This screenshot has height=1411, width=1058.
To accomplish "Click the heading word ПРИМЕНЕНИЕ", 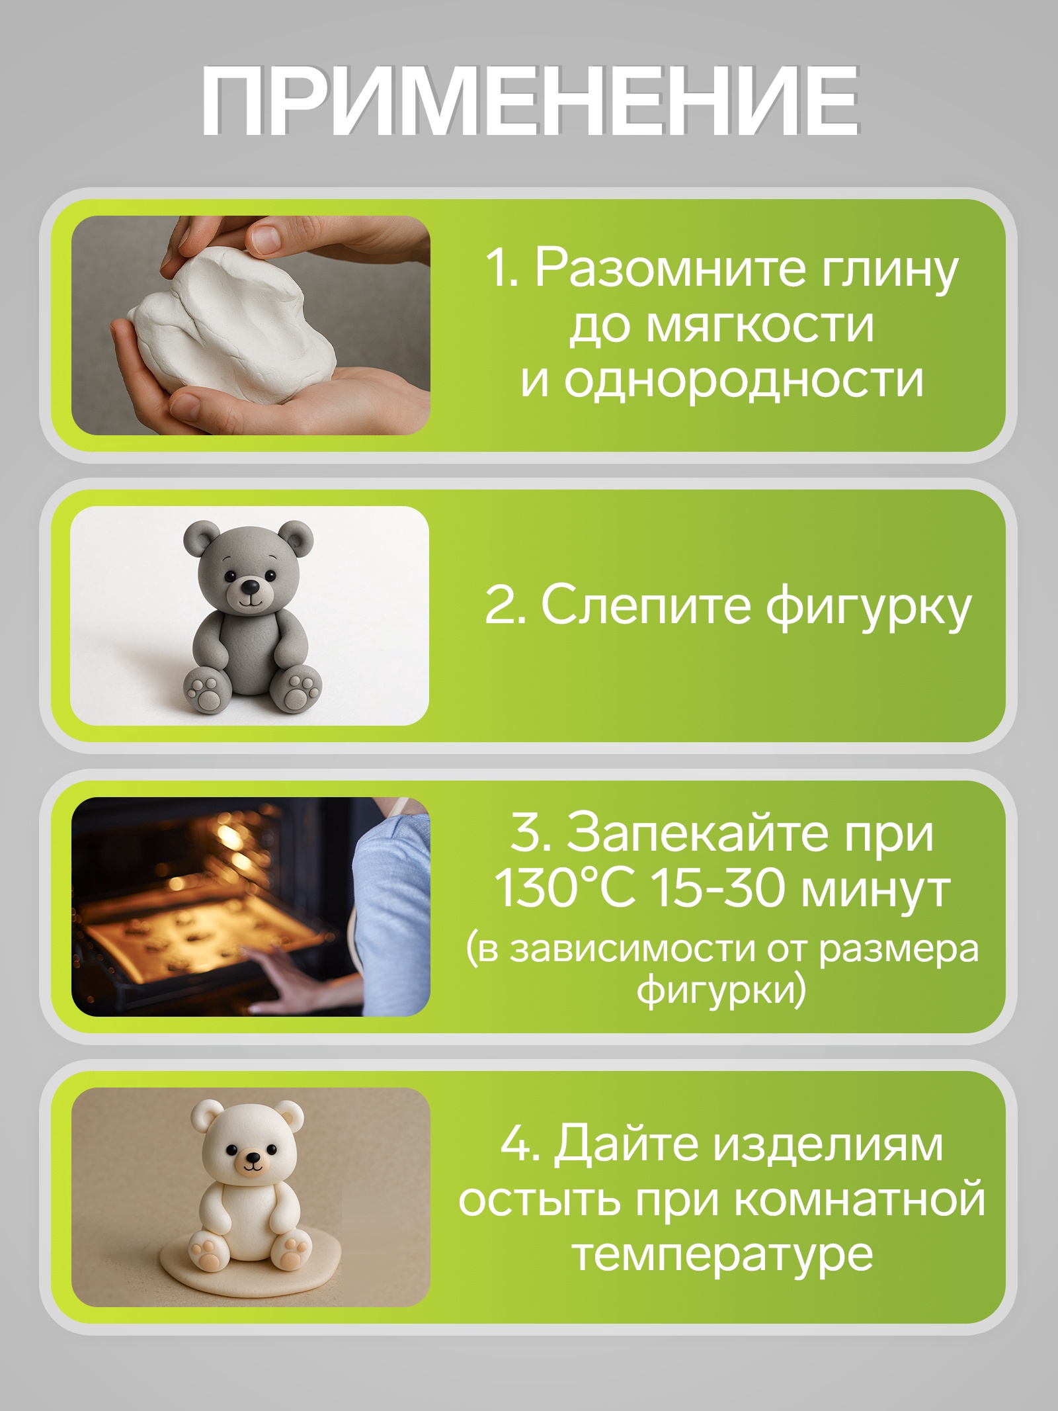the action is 529,101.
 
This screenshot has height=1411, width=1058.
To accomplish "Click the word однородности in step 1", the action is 743,380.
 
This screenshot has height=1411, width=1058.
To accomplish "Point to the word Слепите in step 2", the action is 646,605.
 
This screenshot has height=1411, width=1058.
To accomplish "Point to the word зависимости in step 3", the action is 631,949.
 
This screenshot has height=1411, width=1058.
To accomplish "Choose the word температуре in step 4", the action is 722,1257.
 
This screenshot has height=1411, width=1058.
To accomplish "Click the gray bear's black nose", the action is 249,587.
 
